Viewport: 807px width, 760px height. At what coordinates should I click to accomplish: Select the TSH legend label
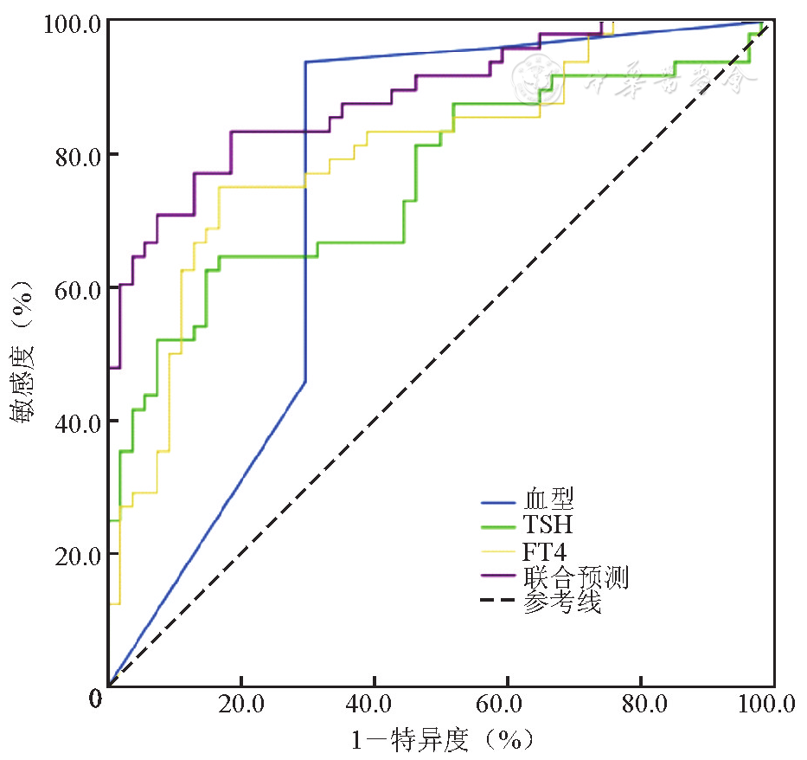(x=547, y=525)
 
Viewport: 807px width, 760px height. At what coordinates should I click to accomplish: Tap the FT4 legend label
(x=545, y=551)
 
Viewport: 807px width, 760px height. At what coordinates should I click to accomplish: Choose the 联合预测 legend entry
(x=574, y=577)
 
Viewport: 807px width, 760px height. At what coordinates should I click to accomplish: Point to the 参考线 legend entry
(x=561, y=602)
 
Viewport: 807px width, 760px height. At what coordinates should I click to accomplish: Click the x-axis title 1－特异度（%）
(x=440, y=740)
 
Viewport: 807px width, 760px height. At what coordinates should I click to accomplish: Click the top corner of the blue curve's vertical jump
(x=305, y=62)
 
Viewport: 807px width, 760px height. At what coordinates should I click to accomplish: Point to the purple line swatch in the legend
(x=498, y=577)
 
